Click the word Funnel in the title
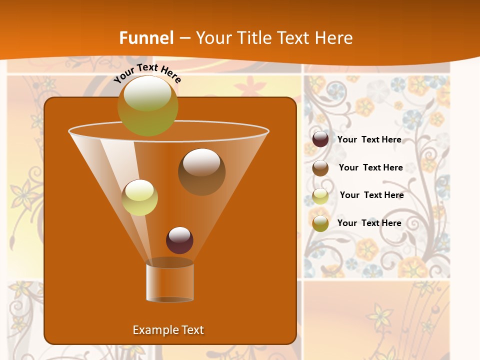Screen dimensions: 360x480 click(x=146, y=38)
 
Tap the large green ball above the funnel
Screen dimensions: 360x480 click(x=147, y=106)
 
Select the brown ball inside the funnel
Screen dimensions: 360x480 click(x=201, y=172)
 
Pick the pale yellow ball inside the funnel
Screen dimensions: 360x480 click(x=139, y=197)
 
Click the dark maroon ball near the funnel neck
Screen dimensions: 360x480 click(x=179, y=240)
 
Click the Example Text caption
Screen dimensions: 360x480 click(x=168, y=330)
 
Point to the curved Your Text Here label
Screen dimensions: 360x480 click(x=147, y=72)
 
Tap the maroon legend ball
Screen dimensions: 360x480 click(x=320, y=139)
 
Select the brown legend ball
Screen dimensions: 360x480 click(x=320, y=167)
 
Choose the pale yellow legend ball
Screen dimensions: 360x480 click(x=320, y=195)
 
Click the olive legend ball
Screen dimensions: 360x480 click(x=320, y=223)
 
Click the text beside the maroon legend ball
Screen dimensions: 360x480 click(x=369, y=139)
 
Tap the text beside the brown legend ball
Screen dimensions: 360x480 click(x=370, y=167)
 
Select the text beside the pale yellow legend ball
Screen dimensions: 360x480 click(x=371, y=195)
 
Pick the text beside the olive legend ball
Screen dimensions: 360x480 click(x=369, y=223)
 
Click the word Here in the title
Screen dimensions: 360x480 click(x=334, y=38)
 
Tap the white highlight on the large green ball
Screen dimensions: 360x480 click(x=147, y=93)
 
